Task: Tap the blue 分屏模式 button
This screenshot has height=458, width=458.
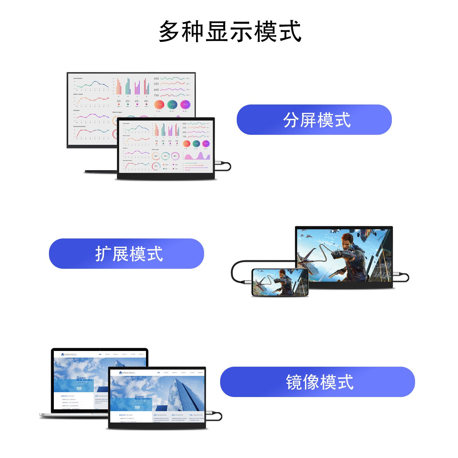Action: pos(314,120)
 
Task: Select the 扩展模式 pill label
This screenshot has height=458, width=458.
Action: pos(127,254)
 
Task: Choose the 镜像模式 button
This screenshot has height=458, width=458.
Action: pos(317,382)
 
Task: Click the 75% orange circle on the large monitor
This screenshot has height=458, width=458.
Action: pos(159,104)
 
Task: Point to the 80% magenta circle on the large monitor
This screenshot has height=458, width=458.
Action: pos(185,104)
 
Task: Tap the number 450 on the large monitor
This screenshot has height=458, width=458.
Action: pos(156,78)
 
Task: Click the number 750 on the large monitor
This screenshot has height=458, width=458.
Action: pos(156,95)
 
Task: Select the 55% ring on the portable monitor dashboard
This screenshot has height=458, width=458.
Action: pos(165,156)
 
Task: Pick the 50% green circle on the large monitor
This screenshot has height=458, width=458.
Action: pos(172,104)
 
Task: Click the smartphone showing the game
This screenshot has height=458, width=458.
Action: pos(280,282)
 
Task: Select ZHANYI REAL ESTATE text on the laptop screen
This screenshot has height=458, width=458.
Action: pos(84,379)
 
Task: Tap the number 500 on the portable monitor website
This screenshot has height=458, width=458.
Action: pos(137,407)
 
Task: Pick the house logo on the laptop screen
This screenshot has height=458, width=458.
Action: pos(63,354)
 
